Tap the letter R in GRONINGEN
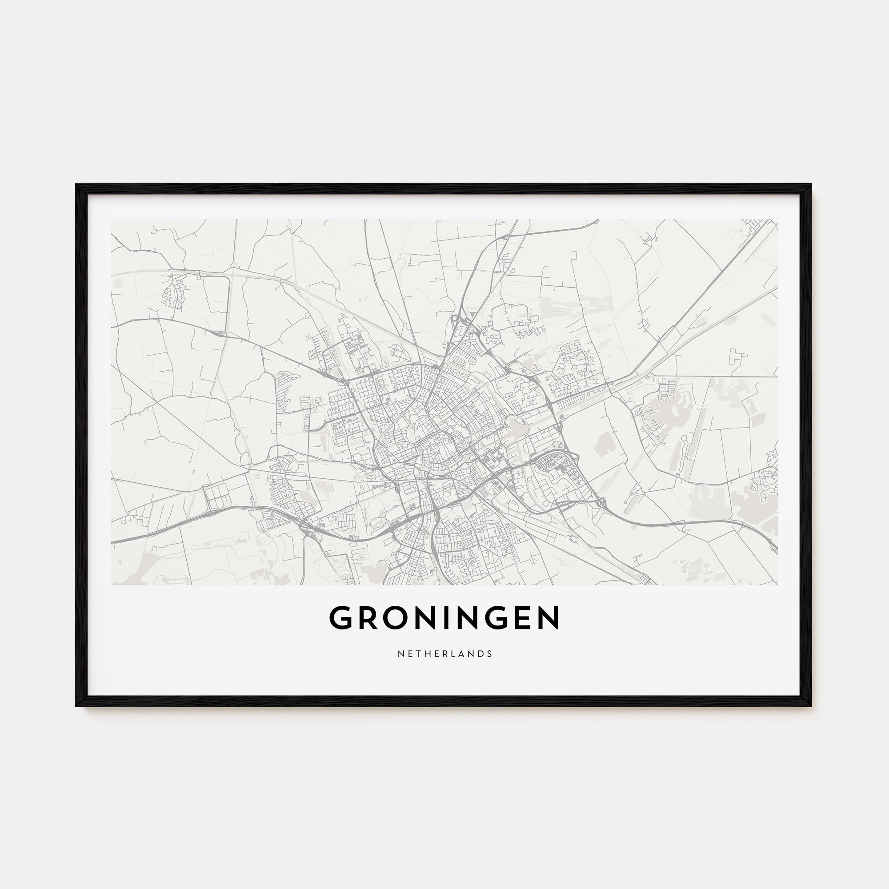[367, 618]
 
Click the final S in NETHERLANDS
[490, 654]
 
